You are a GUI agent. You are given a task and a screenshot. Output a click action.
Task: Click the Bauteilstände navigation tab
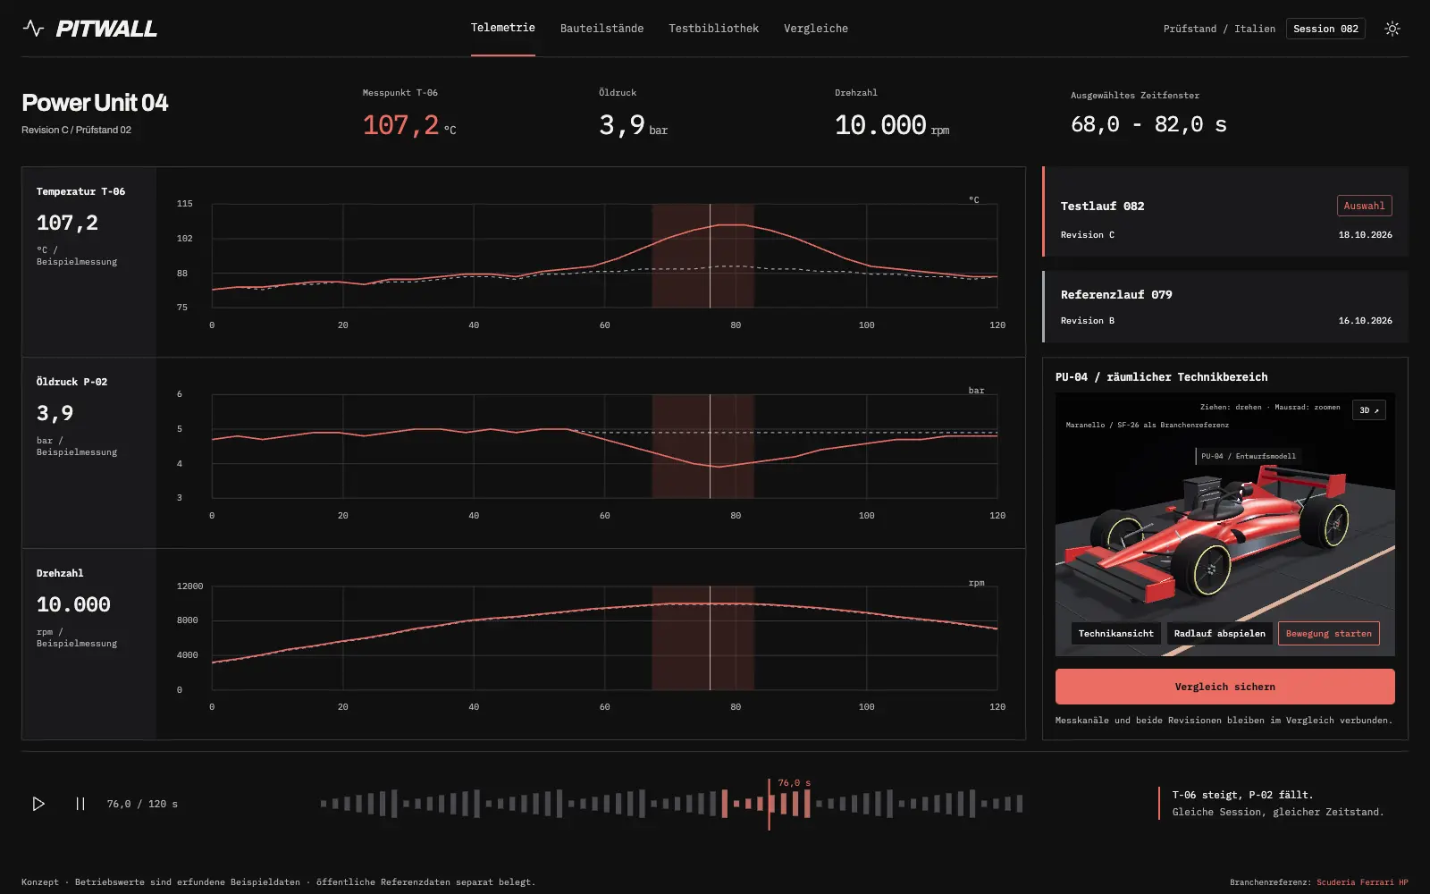pyautogui.click(x=601, y=28)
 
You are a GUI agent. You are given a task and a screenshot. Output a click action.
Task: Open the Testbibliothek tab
pyautogui.click(x=713, y=28)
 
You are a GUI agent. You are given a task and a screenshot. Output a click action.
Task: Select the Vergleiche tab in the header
pyautogui.click(x=815, y=28)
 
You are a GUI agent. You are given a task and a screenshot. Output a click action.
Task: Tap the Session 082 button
pyautogui.click(x=1325, y=29)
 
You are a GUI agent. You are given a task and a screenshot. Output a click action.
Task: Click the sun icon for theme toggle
pyautogui.click(x=1392, y=29)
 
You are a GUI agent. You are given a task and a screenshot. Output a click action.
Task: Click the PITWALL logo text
pyautogui.click(x=106, y=29)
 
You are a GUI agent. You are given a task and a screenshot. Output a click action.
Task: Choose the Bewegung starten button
pyautogui.click(x=1328, y=634)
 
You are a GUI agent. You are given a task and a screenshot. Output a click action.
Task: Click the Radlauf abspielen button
pyautogui.click(x=1219, y=634)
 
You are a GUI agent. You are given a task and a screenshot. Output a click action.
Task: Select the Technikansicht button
pyautogui.click(x=1116, y=634)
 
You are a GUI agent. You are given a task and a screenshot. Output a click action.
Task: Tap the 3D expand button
pyautogui.click(x=1368, y=410)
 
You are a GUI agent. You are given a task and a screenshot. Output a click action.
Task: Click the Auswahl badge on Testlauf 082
pyautogui.click(x=1364, y=206)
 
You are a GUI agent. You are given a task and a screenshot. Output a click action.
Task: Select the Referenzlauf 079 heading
pyautogui.click(x=1116, y=294)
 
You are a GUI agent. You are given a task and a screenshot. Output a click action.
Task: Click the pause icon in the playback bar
pyautogui.click(x=80, y=804)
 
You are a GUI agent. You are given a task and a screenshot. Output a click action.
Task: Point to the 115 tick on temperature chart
pyautogui.click(x=184, y=204)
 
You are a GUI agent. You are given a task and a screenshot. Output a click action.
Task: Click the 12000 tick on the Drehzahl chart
pyautogui.click(x=189, y=586)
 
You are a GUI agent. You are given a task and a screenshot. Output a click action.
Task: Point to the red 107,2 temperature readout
pyautogui.click(x=400, y=125)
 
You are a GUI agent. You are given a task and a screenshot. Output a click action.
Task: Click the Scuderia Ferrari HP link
pyautogui.click(x=1362, y=881)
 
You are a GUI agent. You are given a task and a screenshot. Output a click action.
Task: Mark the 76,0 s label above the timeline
pyautogui.click(x=794, y=783)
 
